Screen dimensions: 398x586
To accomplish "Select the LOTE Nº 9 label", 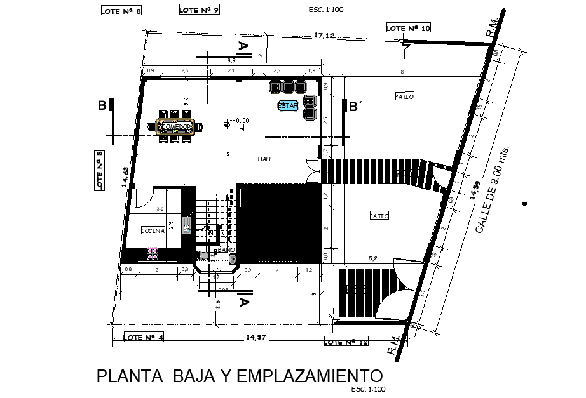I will coord(199,10).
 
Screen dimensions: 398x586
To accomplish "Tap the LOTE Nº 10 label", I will coord(409,28).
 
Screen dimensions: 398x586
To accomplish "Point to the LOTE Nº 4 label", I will coord(144,337).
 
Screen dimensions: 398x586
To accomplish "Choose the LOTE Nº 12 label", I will coord(346,342).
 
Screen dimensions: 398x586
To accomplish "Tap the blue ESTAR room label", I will coord(287,106).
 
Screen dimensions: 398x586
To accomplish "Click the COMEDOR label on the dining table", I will coord(175,127).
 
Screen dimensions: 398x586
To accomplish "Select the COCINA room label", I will coord(153,230).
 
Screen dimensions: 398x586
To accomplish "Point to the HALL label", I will coord(265,159).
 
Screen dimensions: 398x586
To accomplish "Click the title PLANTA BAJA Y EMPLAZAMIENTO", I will coord(240,376).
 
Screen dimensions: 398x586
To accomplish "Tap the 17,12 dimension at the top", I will coord(324,36).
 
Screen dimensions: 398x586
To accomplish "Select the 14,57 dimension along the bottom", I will coord(256,337).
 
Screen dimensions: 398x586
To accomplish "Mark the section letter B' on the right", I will coord(355,107).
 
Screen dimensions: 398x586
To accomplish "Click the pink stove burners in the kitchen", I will coord(153,254).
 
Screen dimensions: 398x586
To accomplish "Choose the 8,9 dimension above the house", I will coord(231,60).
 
